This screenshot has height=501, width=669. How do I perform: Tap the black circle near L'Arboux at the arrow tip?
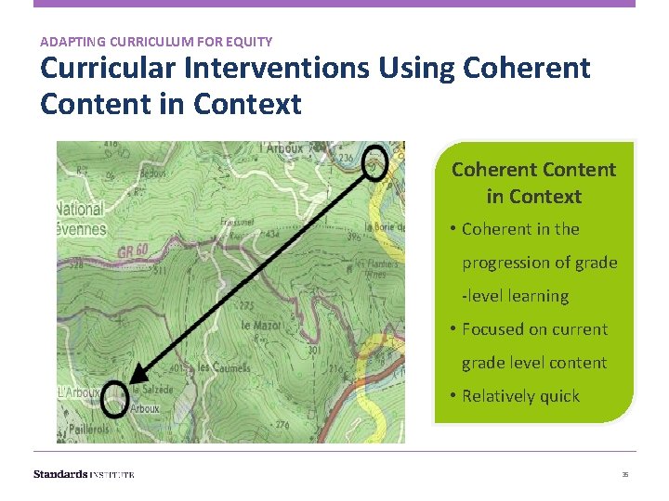(114, 398)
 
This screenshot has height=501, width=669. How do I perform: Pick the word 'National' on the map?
(80, 209)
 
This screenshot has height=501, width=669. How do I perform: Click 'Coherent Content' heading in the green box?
(533, 170)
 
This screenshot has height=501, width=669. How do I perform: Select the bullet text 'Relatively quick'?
(520, 396)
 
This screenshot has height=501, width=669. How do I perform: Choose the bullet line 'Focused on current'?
(534, 329)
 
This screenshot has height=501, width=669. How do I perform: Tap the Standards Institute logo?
(84, 474)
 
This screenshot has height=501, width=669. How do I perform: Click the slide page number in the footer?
(625, 474)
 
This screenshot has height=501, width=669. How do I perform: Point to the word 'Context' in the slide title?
(248, 104)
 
